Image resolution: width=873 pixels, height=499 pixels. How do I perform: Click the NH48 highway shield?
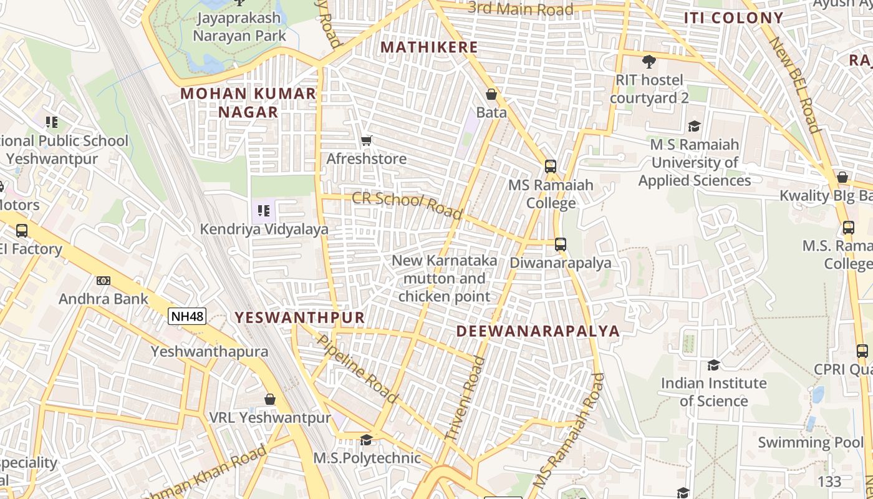coord(187,316)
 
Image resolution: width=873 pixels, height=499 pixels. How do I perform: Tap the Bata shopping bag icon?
coord(491,94)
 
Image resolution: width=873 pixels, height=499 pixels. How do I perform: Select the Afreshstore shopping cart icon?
coord(367,141)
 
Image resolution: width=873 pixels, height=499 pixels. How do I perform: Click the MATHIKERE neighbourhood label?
coord(429,47)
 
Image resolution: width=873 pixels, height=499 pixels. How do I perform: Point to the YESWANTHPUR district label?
coord(299,317)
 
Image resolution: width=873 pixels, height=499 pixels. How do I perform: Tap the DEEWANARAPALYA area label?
coord(538,331)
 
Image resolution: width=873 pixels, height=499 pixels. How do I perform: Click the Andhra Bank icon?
coord(104,281)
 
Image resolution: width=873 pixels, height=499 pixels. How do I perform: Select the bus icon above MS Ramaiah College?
coord(550,167)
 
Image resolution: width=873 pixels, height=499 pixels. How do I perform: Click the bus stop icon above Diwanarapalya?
coord(561,245)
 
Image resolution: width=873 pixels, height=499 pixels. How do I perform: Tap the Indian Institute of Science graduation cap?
coord(713,365)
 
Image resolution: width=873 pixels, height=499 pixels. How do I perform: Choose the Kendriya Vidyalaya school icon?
coord(264,211)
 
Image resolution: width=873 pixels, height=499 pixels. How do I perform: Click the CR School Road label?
coord(407,205)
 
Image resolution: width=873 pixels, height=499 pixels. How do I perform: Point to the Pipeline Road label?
coord(357,369)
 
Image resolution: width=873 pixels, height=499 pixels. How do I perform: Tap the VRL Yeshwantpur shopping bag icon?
coord(270,399)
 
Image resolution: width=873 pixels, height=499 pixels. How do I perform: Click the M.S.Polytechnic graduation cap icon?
coord(366,440)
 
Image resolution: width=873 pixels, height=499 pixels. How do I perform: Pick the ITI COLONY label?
coord(733,18)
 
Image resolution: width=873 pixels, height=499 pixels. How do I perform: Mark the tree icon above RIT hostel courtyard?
coord(649,61)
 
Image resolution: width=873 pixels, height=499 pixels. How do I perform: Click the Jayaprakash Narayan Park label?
coord(239,27)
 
